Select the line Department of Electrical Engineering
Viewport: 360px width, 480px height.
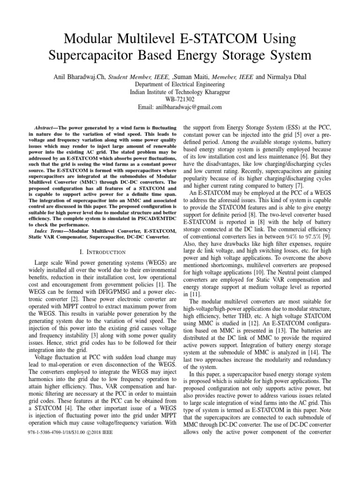coord(180,84)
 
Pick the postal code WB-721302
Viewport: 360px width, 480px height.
coord(180,99)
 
